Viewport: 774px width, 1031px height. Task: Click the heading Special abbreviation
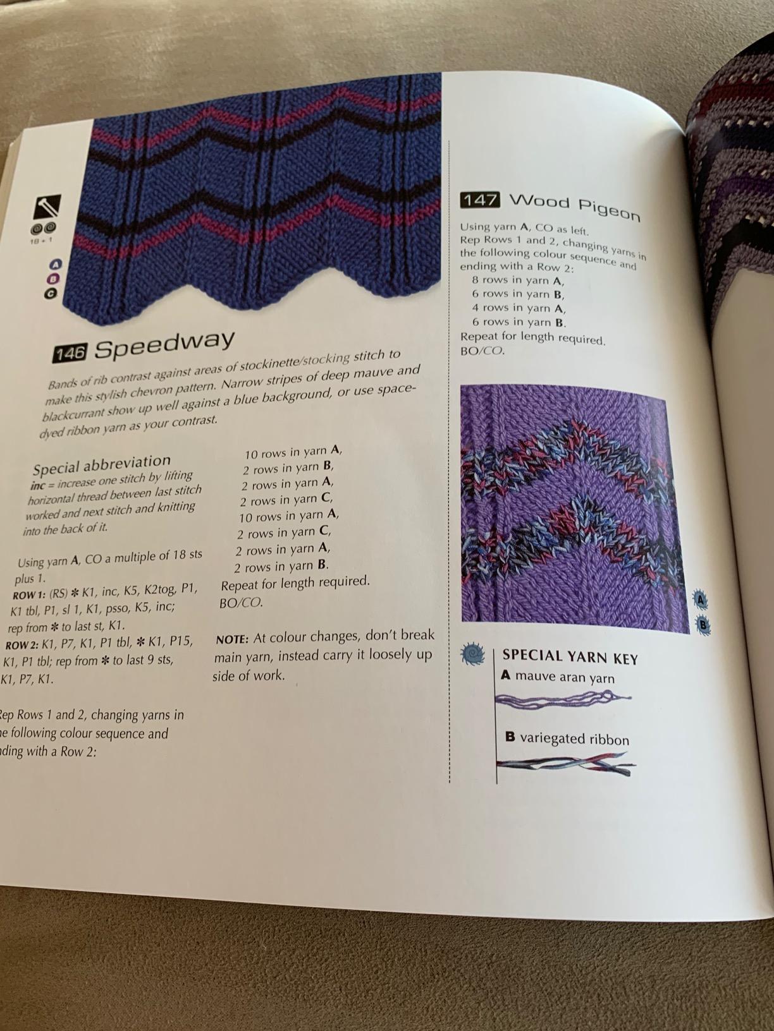(x=102, y=465)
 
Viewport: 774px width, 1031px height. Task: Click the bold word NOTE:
(x=231, y=639)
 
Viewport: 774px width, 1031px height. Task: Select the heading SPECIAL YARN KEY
(x=570, y=658)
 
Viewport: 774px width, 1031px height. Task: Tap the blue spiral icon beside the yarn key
(x=472, y=653)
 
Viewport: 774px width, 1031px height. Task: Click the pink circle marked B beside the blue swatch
(x=53, y=279)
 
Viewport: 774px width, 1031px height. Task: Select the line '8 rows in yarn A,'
(x=518, y=280)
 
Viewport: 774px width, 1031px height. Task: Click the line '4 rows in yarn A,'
(x=519, y=308)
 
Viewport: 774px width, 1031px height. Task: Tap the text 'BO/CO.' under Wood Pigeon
(x=482, y=350)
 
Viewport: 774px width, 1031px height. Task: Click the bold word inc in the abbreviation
(x=37, y=486)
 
